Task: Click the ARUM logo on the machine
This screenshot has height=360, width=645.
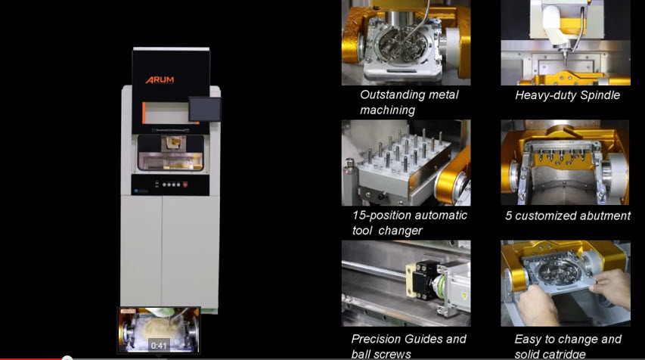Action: point(160,79)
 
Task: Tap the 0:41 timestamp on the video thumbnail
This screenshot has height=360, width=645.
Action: point(159,346)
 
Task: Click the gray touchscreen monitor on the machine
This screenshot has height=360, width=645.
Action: point(204,109)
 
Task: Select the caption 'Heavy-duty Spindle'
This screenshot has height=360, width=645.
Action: point(567,95)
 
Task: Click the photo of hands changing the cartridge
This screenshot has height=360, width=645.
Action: point(565,284)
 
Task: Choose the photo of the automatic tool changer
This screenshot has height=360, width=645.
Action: point(406,163)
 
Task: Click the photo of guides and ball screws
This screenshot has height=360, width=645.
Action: point(406,284)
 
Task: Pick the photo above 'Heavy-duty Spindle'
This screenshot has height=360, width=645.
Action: point(565,42)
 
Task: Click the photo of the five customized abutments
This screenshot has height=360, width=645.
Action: point(565,163)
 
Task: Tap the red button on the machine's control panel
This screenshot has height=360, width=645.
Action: point(185,185)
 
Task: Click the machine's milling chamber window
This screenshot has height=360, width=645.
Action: point(171,153)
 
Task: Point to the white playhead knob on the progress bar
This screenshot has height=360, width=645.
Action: point(67,358)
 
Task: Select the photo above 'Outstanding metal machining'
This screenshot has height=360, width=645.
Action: point(406,42)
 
